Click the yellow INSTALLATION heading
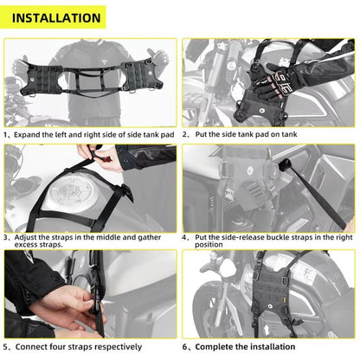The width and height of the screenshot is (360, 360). tap(56, 17)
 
